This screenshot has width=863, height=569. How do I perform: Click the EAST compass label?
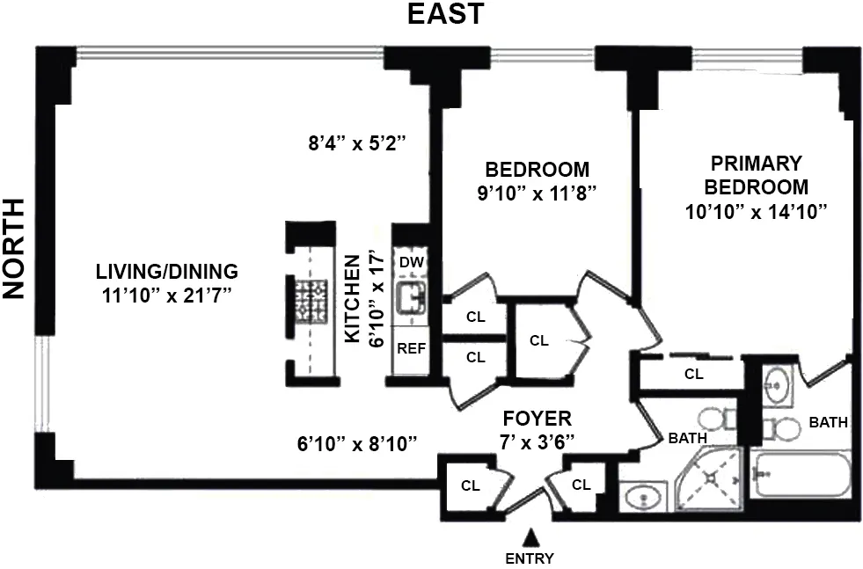(x=444, y=14)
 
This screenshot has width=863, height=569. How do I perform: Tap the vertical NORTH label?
(x=14, y=249)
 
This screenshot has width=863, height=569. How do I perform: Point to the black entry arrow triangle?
(x=530, y=536)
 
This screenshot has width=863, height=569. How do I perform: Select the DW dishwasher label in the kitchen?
(x=410, y=262)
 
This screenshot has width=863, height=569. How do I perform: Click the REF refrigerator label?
(x=411, y=347)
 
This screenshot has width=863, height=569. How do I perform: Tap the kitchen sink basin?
(x=410, y=299)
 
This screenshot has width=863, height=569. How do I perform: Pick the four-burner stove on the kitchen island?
(x=311, y=299)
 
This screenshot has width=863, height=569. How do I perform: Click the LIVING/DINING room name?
(x=167, y=271)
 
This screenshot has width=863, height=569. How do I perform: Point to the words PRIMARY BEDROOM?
(x=757, y=175)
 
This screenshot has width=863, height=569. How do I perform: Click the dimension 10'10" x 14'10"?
(x=757, y=211)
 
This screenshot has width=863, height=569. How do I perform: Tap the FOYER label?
(x=537, y=419)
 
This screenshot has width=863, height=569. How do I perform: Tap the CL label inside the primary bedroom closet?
(x=694, y=374)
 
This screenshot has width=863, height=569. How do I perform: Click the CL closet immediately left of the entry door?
(x=471, y=485)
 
